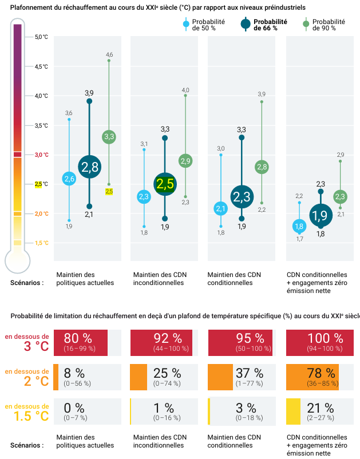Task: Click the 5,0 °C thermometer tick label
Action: point(41,37)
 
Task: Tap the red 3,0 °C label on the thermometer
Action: point(41,155)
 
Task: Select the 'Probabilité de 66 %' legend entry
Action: point(264,25)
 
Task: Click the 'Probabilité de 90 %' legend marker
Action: point(306,24)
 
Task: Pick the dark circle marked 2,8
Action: point(89,167)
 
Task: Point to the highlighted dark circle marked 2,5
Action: point(165,184)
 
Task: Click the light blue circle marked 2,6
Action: point(69,179)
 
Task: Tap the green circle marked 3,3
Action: point(109,137)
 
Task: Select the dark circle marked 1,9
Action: point(321,215)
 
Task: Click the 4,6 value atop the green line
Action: point(109,55)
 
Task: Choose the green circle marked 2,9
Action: point(185,161)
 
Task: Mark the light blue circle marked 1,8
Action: point(299,226)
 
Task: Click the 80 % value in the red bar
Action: point(78,338)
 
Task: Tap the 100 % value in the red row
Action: point(326,338)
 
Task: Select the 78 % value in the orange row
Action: point(321,373)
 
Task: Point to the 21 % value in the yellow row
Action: point(321,407)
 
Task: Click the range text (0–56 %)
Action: point(77,383)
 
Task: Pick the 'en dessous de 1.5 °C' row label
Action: point(27,413)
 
